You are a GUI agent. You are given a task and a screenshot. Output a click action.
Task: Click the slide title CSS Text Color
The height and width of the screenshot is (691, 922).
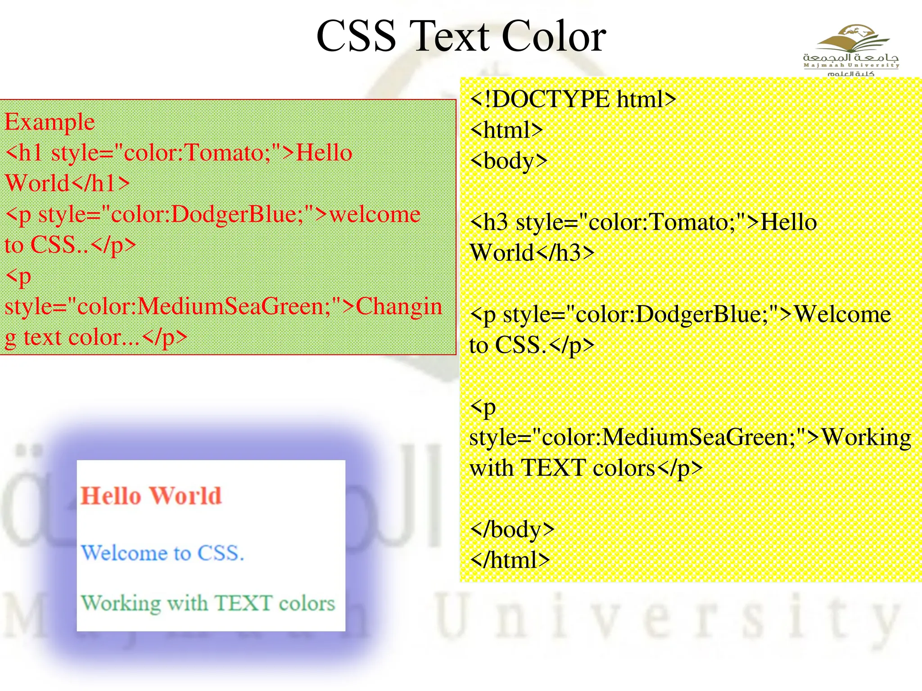(461, 36)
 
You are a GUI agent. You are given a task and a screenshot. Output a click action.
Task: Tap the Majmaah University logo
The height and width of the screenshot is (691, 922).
(851, 49)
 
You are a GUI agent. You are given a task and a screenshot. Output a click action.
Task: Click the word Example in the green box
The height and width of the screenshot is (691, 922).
(50, 122)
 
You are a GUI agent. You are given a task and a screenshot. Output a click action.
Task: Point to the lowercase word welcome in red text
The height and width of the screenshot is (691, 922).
(375, 214)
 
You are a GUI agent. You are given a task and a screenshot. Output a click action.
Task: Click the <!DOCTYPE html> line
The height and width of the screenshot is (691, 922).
(573, 99)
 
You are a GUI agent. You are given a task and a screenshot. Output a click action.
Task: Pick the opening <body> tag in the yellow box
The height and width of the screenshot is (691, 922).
(509, 161)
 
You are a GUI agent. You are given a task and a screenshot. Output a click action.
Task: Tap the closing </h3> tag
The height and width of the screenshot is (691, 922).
(565, 253)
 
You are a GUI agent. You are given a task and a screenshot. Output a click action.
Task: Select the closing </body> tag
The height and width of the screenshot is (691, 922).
(512, 529)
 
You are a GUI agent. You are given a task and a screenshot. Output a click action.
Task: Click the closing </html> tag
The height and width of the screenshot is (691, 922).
(510, 560)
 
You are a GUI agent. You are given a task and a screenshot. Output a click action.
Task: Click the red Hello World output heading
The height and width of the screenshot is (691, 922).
(151, 496)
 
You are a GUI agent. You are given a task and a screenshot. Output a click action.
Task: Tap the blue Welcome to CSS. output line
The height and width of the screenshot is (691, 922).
(163, 553)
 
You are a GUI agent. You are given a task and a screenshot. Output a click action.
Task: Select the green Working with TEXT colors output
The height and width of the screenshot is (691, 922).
(208, 603)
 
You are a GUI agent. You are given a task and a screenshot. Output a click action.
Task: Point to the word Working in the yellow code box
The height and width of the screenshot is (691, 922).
(867, 437)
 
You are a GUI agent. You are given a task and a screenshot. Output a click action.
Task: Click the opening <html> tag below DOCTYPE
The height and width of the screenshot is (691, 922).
(506, 130)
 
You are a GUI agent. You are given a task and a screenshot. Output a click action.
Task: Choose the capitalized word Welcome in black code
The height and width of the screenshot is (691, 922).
(842, 314)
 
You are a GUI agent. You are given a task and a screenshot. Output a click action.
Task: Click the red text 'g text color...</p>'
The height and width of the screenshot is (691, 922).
(96, 337)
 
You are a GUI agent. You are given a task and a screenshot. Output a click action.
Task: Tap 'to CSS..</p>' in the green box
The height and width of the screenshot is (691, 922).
(70, 245)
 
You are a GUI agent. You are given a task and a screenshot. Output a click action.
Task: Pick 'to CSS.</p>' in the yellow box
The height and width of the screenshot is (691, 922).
(532, 345)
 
